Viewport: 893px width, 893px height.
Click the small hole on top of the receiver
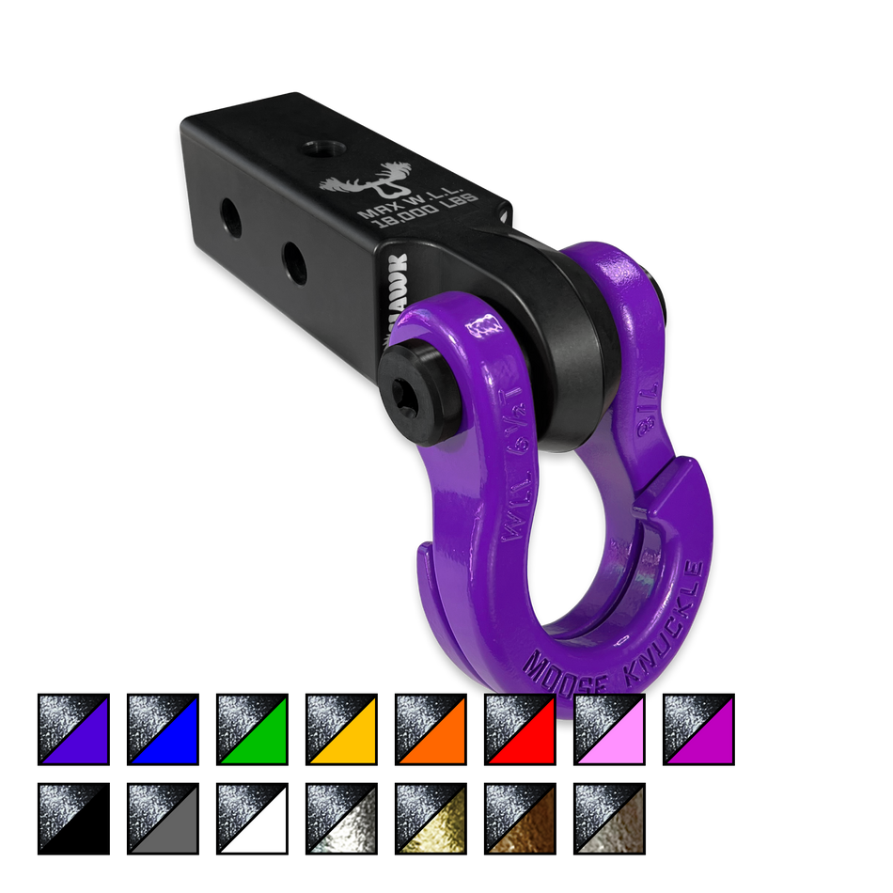coord(312,149)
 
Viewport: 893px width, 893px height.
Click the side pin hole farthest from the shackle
coord(230,219)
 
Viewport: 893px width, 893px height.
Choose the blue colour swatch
coord(163,729)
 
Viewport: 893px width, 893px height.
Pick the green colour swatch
coord(252,729)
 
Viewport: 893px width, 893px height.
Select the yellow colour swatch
coord(341,729)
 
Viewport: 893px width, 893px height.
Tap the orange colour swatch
coord(431,729)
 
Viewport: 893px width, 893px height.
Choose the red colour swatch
coord(520,729)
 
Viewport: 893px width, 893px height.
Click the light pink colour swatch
coord(609,729)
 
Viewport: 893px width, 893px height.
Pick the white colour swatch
coord(252,819)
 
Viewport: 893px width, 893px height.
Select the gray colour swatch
coord(163,819)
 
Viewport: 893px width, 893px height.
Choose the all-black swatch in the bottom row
coord(73,819)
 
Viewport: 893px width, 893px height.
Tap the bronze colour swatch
coord(520,819)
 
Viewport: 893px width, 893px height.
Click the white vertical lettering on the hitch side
coord(391,291)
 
